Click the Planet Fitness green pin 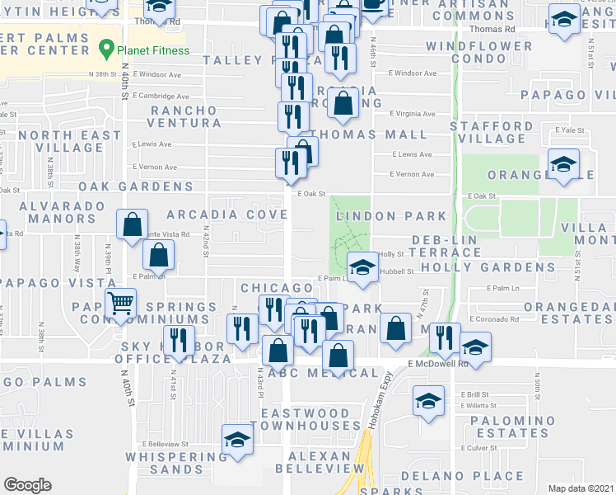[x=105, y=50]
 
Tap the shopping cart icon [x=121, y=303]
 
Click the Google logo [x=27, y=485]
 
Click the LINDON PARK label [x=391, y=216]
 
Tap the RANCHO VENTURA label [x=183, y=116]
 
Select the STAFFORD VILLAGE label [x=492, y=133]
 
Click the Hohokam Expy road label [x=384, y=388]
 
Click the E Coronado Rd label [x=494, y=319]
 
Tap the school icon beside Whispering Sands [x=236, y=440]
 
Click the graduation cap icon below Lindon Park [x=362, y=268]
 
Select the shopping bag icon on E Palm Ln [x=158, y=257]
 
